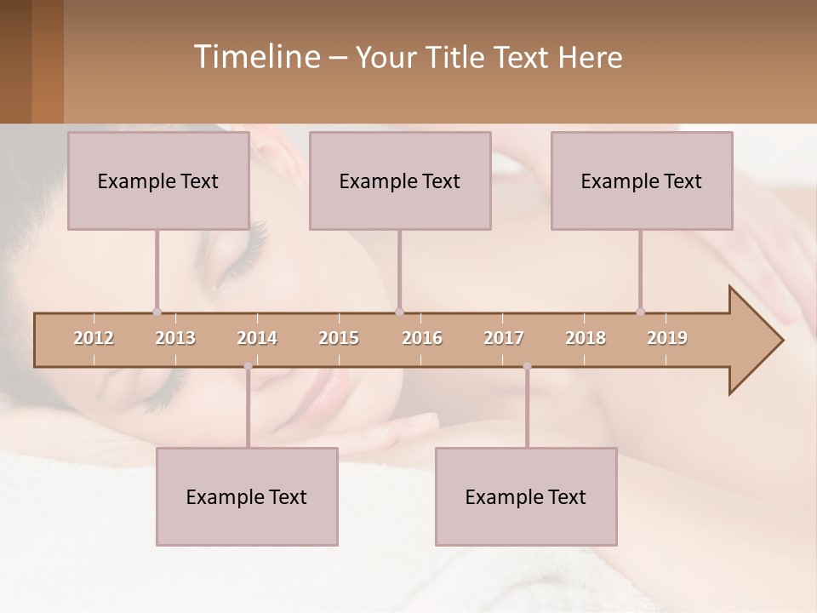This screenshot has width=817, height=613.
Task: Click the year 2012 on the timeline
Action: tap(94, 338)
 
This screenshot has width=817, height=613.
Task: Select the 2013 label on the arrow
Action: tap(175, 338)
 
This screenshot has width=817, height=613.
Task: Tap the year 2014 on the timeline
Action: tap(257, 338)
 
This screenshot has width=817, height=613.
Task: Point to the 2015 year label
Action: tap(339, 338)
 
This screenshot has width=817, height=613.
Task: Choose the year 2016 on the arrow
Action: tap(422, 338)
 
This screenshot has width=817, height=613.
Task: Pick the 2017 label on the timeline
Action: tap(504, 338)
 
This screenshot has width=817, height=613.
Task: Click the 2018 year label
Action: tap(586, 338)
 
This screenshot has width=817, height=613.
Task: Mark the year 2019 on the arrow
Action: tap(667, 338)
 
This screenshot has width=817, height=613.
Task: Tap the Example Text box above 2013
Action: tap(158, 180)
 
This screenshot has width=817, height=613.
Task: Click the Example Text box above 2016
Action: tap(400, 180)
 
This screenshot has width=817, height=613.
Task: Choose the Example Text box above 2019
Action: tap(642, 180)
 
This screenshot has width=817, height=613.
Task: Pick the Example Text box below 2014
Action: tap(247, 496)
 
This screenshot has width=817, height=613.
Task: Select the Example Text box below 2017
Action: tap(526, 496)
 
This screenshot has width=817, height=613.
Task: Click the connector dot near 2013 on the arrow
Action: tap(157, 312)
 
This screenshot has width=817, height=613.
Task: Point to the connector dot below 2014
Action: tap(248, 366)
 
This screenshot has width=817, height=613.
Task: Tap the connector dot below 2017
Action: tap(527, 366)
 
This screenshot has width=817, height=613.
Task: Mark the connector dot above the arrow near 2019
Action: tap(640, 312)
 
